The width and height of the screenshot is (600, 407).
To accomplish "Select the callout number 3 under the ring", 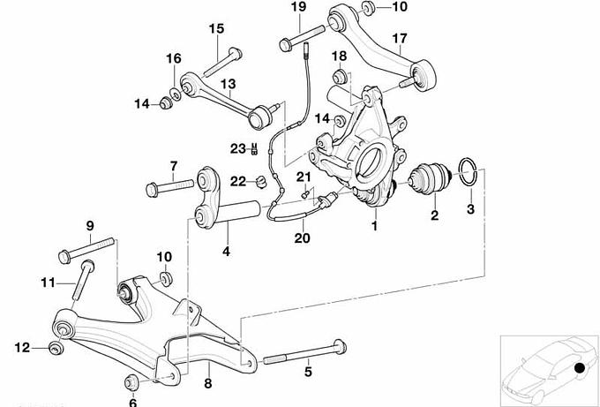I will coord(470,208).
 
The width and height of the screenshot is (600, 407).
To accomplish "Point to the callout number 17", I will coord(400,39).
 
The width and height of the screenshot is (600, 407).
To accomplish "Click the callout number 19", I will coord(297,8).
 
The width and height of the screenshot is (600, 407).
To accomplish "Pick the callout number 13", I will coord(228,86).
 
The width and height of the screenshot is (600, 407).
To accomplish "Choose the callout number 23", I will coord(236,147).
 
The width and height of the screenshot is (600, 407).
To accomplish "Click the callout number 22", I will coord(236,182).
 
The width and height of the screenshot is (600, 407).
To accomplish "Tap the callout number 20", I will coord(302,237).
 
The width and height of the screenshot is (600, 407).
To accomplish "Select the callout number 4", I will coord(227,252).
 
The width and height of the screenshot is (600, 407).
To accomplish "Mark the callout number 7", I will coord(173,166).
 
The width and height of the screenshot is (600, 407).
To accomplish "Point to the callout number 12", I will coord(23,347).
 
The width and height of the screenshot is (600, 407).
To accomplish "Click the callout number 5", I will coord(308,372).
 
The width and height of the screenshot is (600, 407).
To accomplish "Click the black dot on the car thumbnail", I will coord(579,368).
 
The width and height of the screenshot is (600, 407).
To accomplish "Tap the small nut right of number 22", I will coord(260,183).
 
